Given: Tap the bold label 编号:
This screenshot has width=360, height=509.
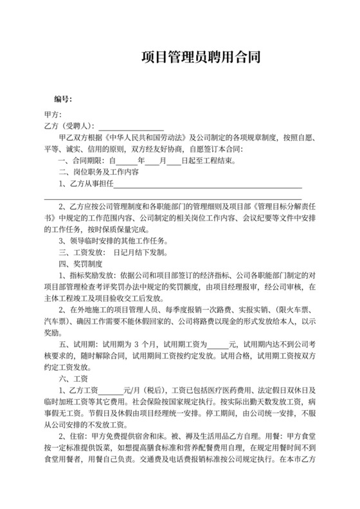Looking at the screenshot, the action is (x=63, y=99).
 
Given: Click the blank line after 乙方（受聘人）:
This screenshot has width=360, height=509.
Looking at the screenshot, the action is (x=131, y=125).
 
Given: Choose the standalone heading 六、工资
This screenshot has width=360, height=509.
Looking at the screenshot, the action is (x=69, y=379).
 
